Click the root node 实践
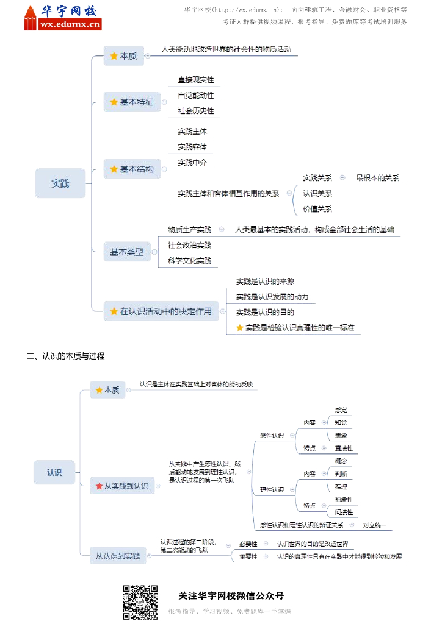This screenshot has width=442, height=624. (x=60, y=183)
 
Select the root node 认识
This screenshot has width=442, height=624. (x=54, y=472)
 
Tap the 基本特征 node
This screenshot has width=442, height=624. (x=132, y=102)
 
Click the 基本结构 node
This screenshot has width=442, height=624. (x=132, y=169)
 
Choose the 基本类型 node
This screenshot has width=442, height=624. (x=127, y=252)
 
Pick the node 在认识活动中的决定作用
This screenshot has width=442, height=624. (x=161, y=311)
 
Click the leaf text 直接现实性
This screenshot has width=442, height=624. (x=196, y=80)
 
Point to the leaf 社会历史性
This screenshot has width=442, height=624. (x=196, y=111)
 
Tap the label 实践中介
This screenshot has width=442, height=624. (x=192, y=162)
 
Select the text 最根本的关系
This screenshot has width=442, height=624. (x=377, y=178)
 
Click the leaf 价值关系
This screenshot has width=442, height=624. (x=317, y=209)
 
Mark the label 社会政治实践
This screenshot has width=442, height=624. (x=189, y=245)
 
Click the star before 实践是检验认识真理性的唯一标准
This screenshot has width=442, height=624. (x=239, y=328)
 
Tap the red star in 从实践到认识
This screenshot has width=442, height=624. (x=99, y=486)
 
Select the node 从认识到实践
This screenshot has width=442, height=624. (x=118, y=555)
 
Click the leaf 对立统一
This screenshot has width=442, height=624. (x=374, y=524)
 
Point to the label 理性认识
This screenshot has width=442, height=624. (x=272, y=489)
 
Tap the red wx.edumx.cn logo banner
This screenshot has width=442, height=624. (x=70, y=24)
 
